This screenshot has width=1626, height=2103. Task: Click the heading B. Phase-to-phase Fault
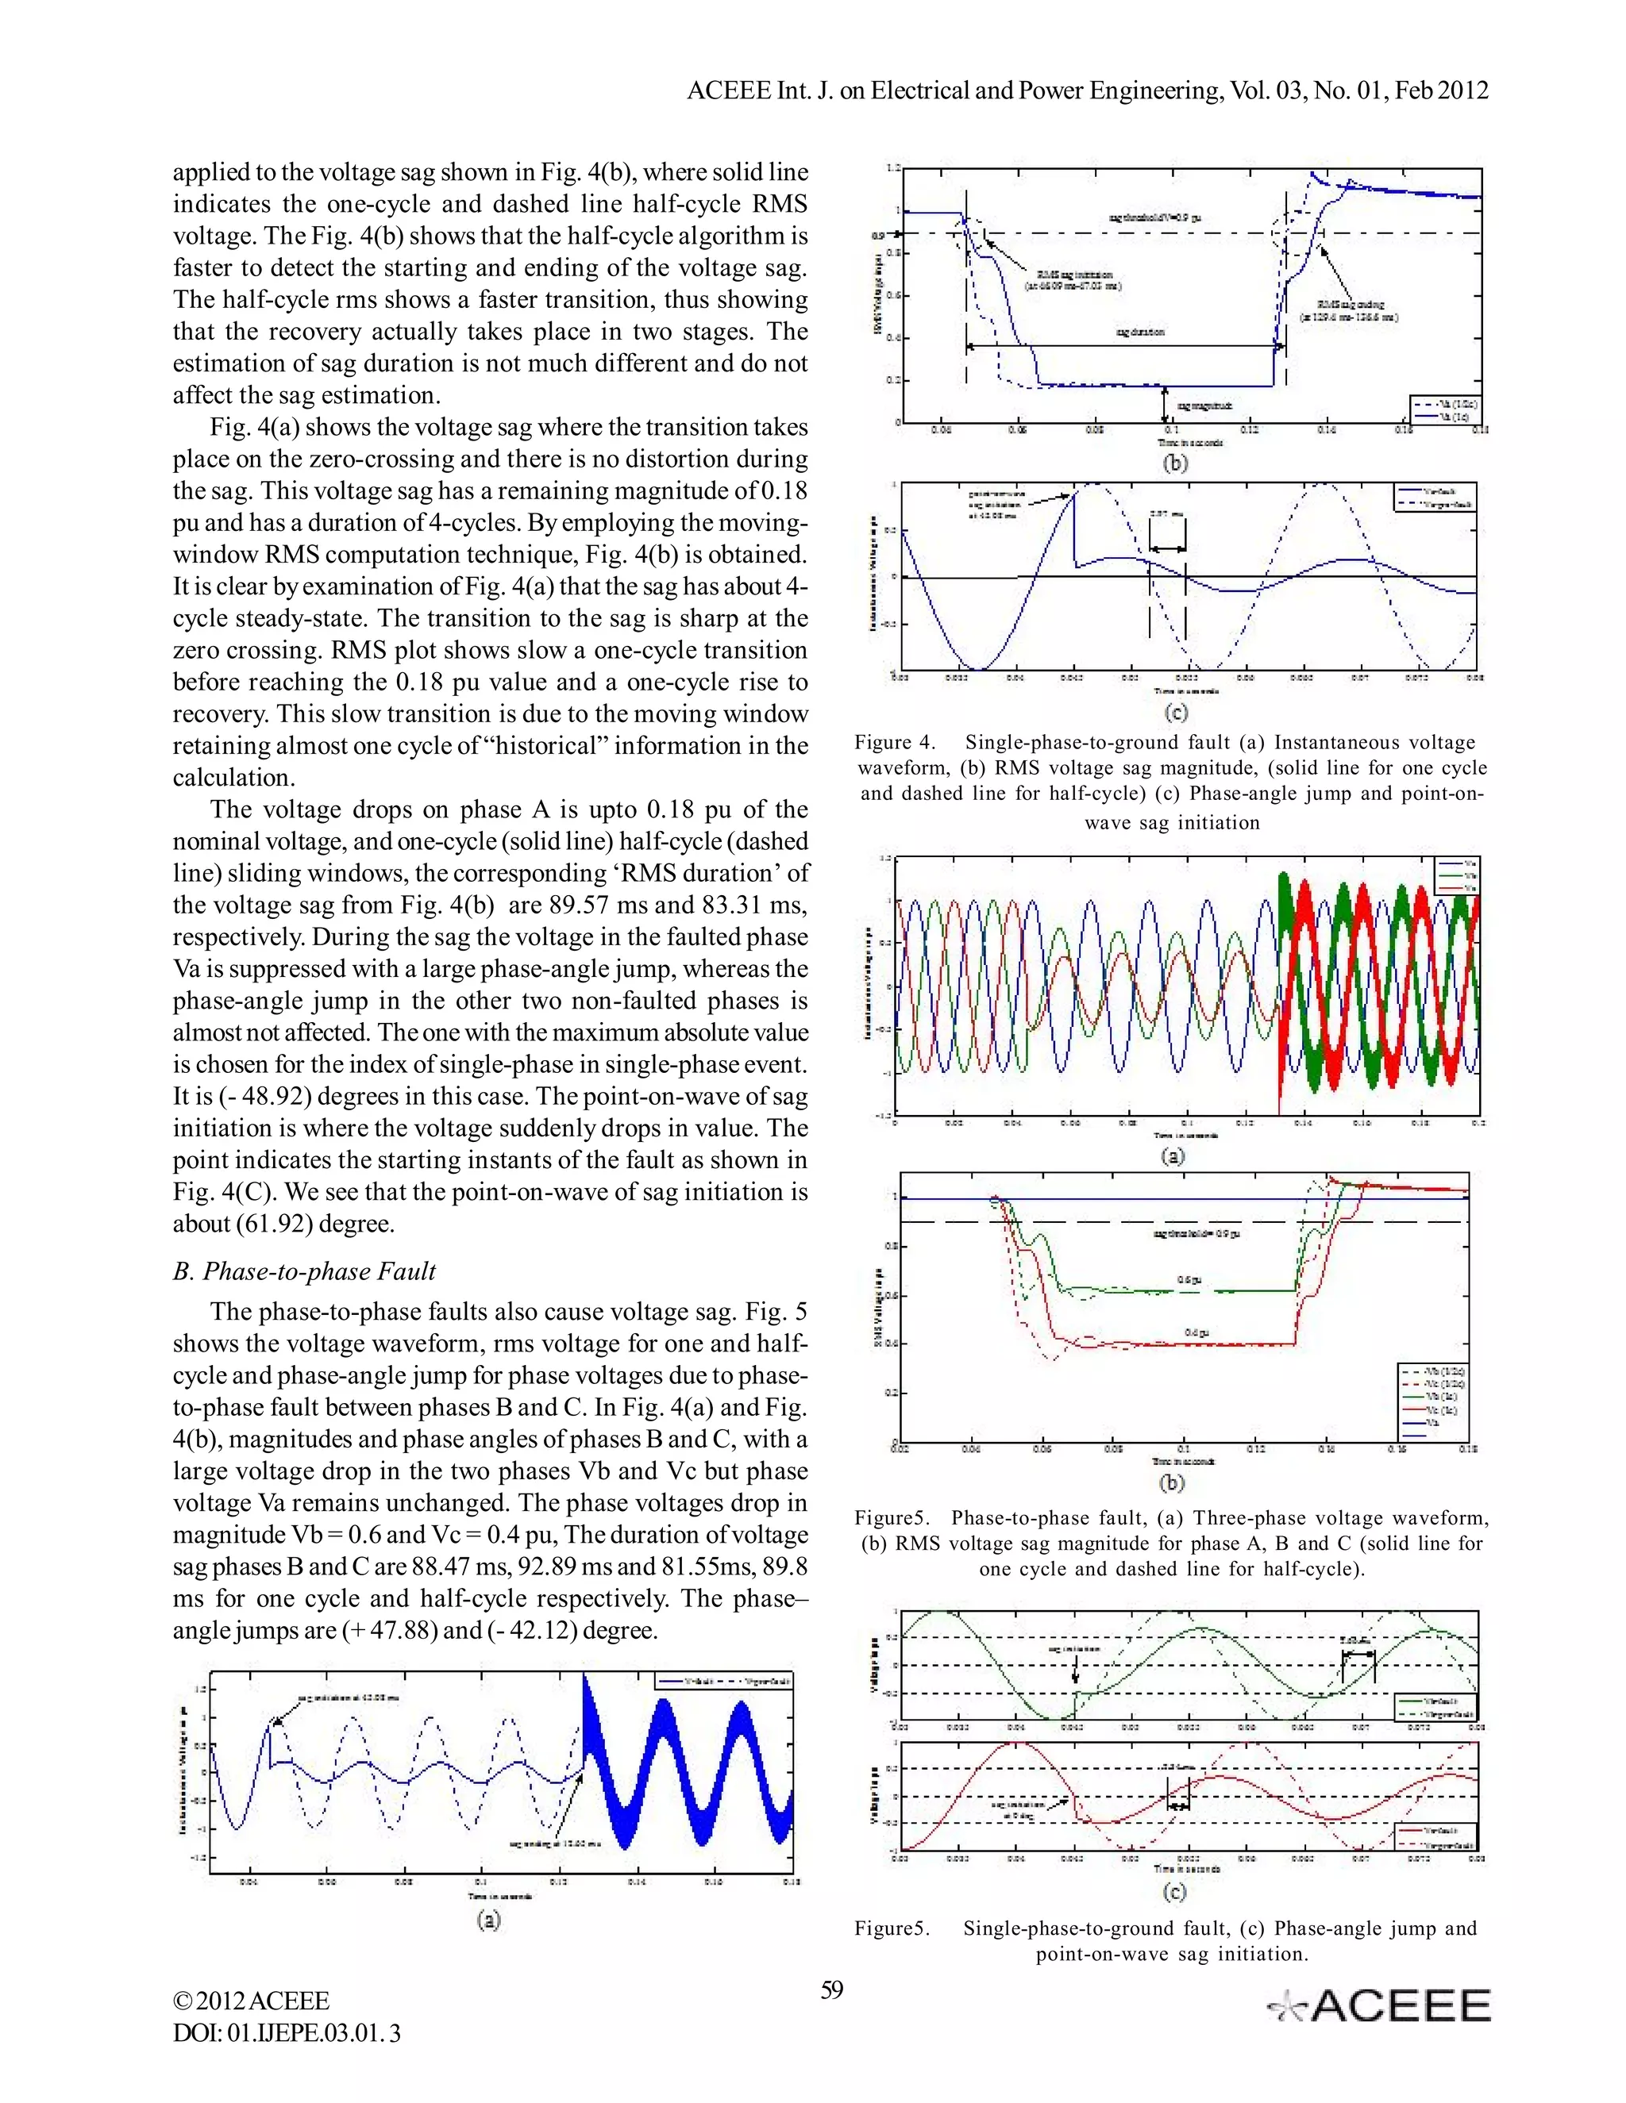point(304,1271)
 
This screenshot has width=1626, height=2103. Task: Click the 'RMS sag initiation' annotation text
point(1073,280)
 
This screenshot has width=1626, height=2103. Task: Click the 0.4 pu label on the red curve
point(1197,1332)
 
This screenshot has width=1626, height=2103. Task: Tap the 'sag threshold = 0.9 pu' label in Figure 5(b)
point(1196,1233)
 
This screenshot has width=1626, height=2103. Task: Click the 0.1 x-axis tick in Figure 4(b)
point(1171,430)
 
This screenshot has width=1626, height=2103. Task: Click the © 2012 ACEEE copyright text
point(252,2001)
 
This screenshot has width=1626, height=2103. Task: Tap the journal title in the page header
point(1088,90)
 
